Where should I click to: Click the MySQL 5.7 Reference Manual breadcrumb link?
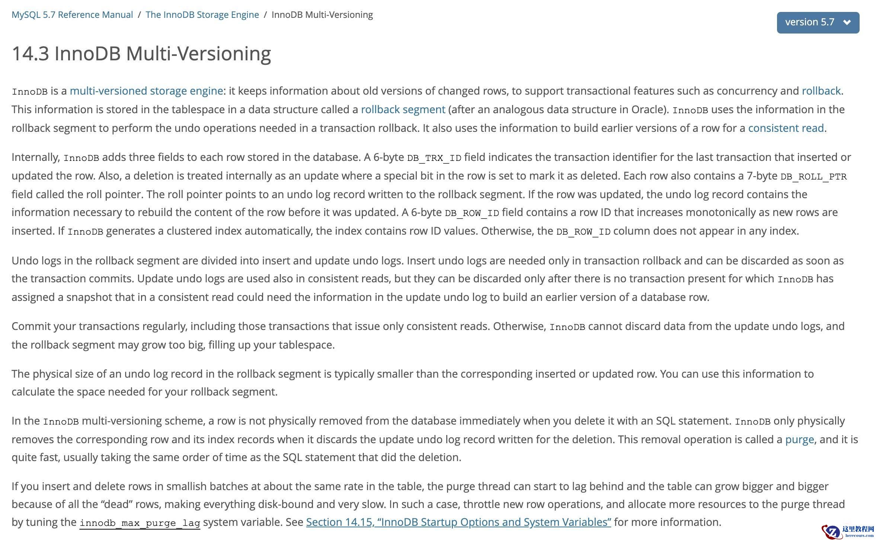tap(72, 15)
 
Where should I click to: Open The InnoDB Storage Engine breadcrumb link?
tap(202, 15)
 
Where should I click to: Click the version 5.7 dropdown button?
tap(818, 22)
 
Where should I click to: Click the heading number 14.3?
tap(30, 53)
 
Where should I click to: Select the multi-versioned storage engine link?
tap(146, 91)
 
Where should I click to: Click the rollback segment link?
tap(403, 109)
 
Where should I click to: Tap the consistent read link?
tap(786, 128)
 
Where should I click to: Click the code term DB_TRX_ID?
tap(434, 158)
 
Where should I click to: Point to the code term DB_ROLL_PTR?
tap(813, 177)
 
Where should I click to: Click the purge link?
tap(799, 439)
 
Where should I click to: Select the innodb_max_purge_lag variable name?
tap(140, 523)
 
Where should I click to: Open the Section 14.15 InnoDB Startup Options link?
tap(458, 522)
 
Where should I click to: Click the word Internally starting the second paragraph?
tap(36, 157)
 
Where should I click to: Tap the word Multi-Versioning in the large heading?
tap(198, 53)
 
